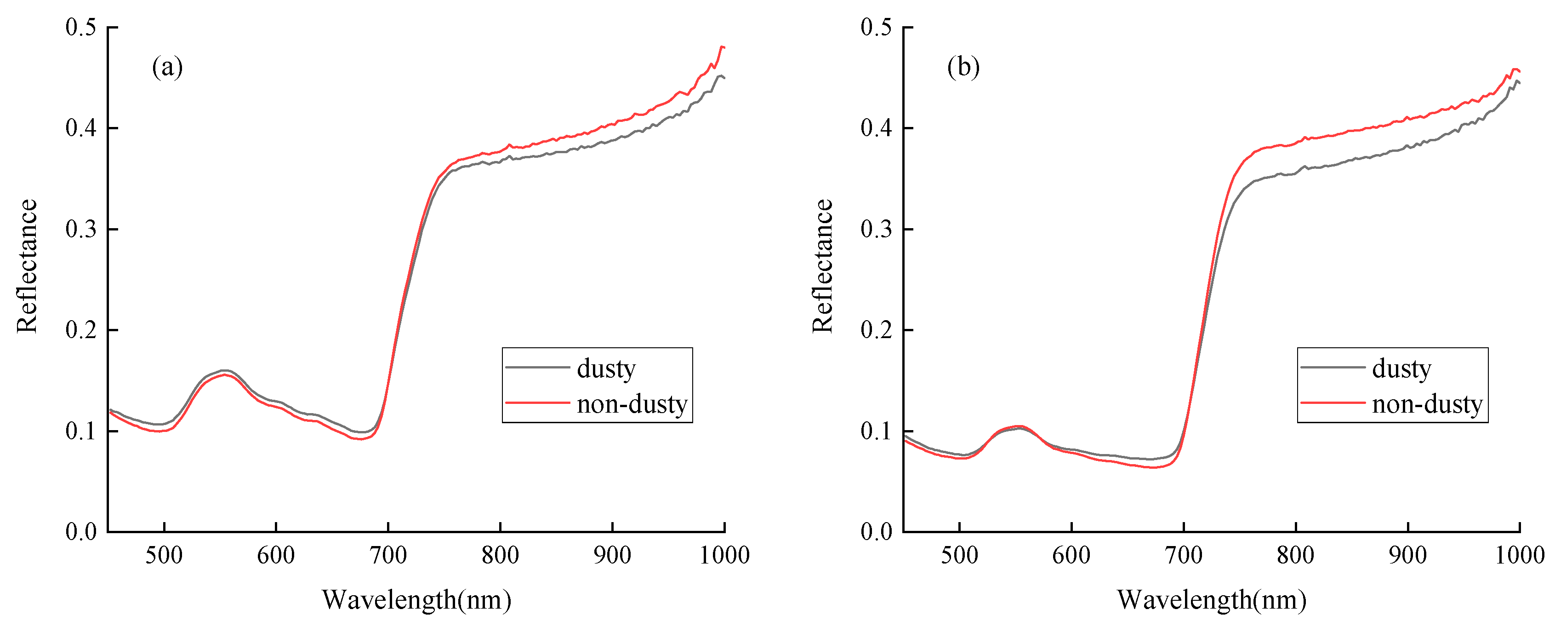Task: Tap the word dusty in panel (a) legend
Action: pos(606,368)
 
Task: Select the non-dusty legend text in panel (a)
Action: pos(632,403)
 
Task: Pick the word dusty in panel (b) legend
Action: pos(1401,368)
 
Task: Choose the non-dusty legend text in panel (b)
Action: pos(1427,403)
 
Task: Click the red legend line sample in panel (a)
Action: pos(537,403)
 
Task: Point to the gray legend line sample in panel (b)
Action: pos(1332,367)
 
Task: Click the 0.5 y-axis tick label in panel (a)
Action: pos(81,27)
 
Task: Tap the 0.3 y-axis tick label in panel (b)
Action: pos(876,230)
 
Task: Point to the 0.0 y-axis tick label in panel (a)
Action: pos(81,532)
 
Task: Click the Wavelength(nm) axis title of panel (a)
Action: pos(416,600)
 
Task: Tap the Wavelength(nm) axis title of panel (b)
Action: pos(1212,600)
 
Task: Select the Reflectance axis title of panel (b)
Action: pos(822,266)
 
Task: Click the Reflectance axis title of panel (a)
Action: pos(27,266)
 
